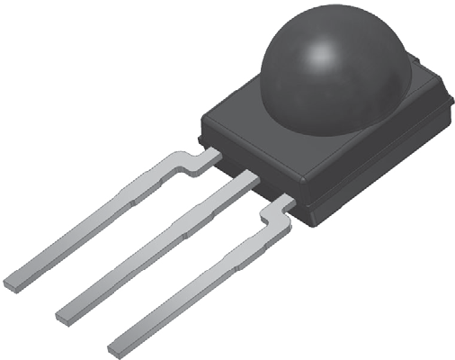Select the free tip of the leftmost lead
(x=13, y=282)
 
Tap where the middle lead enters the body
(x=247, y=180)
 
